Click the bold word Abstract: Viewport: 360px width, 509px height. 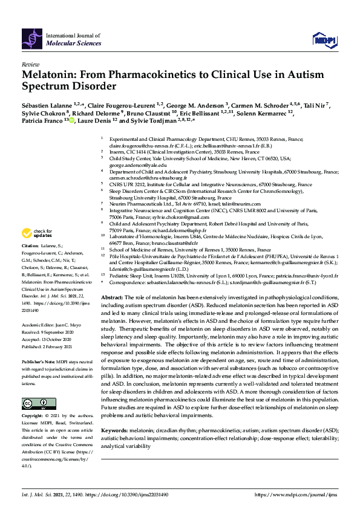point(112,299)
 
